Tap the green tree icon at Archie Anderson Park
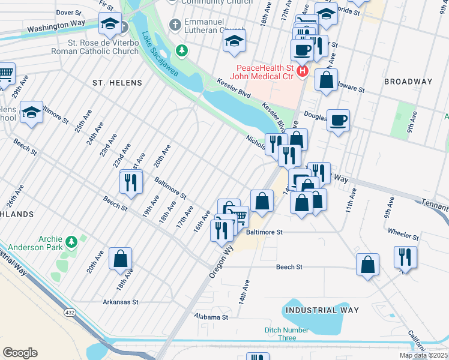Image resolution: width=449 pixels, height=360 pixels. point(71,241)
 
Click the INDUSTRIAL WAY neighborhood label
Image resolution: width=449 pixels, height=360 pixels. point(322,310)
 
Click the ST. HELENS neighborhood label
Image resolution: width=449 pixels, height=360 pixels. point(117,82)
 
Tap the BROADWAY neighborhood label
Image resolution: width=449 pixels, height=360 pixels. point(408,82)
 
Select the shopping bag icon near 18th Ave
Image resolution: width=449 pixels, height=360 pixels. point(120,259)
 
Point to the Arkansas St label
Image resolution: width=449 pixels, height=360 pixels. point(120,302)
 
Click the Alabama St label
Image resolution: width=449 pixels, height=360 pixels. point(211,316)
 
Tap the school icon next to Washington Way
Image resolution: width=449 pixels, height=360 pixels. point(110,25)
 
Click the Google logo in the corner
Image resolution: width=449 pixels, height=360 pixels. point(20,353)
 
